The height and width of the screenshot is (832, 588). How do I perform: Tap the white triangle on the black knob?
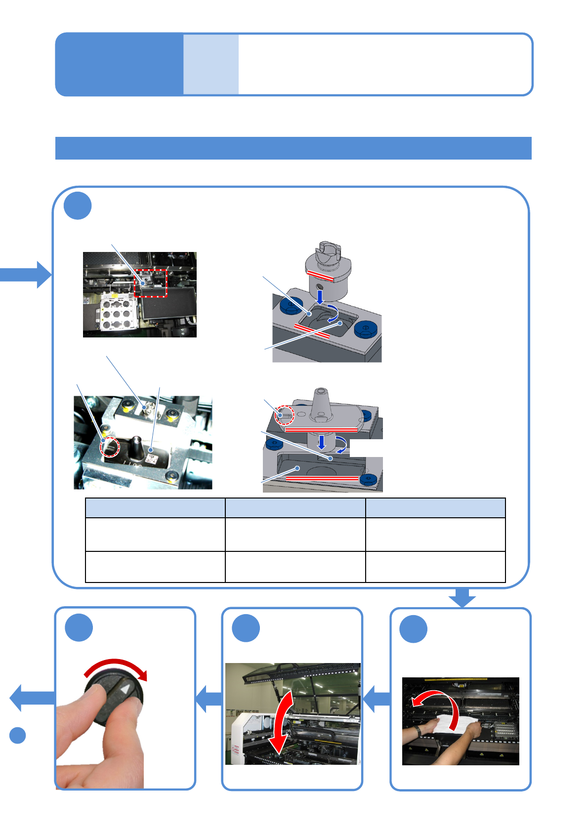(126, 689)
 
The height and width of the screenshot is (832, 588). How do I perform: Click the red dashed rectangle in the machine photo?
(151, 283)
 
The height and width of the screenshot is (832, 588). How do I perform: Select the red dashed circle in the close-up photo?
(110, 448)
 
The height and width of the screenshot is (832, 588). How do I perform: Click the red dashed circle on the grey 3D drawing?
(285, 415)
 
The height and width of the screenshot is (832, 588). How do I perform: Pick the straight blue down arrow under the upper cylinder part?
(320, 297)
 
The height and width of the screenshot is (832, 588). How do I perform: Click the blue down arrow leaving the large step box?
(462, 597)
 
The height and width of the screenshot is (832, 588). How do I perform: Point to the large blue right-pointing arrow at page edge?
(27, 274)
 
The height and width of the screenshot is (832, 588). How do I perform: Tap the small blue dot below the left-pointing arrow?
(18, 735)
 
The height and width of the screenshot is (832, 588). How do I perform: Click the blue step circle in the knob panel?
(79, 627)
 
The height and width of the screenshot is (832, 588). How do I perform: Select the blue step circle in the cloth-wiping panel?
(413, 629)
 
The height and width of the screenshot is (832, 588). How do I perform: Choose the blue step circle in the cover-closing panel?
(246, 628)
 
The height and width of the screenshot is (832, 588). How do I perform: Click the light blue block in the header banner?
(211, 64)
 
